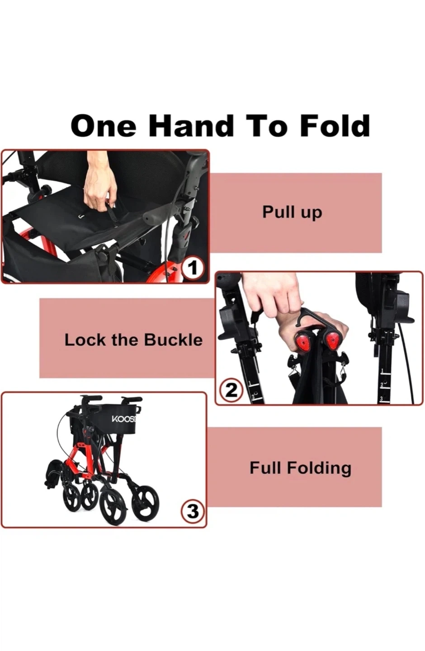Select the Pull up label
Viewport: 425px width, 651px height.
[x=292, y=212]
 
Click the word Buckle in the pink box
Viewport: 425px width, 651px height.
[x=173, y=340]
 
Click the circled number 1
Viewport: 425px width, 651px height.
[x=193, y=268]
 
